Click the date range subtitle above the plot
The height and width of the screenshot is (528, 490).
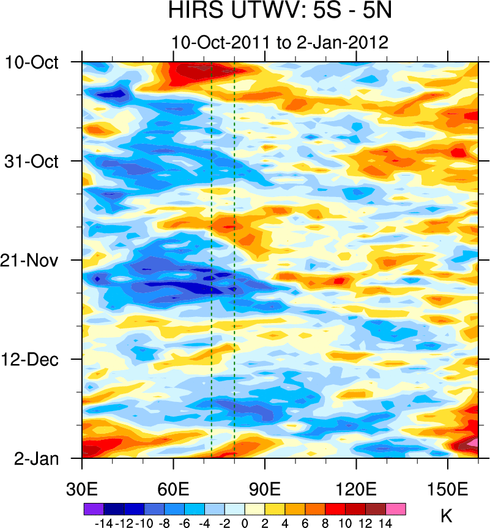click(x=280, y=43)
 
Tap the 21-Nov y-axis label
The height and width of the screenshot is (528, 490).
click(x=40, y=260)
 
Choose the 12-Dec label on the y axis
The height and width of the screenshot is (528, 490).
click(x=40, y=359)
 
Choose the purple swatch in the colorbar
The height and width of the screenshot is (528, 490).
click(x=94, y=508)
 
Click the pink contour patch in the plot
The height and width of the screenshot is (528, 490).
click(x=472, y=442)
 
